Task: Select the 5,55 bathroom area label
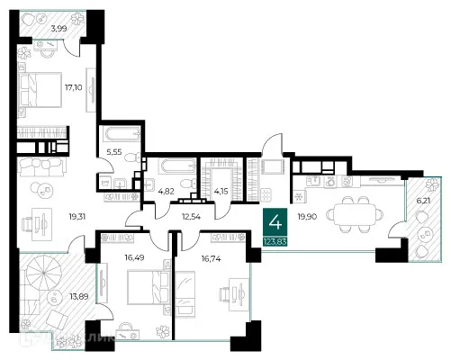tap(114, 153)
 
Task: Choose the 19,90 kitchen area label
tap(306, 216)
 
